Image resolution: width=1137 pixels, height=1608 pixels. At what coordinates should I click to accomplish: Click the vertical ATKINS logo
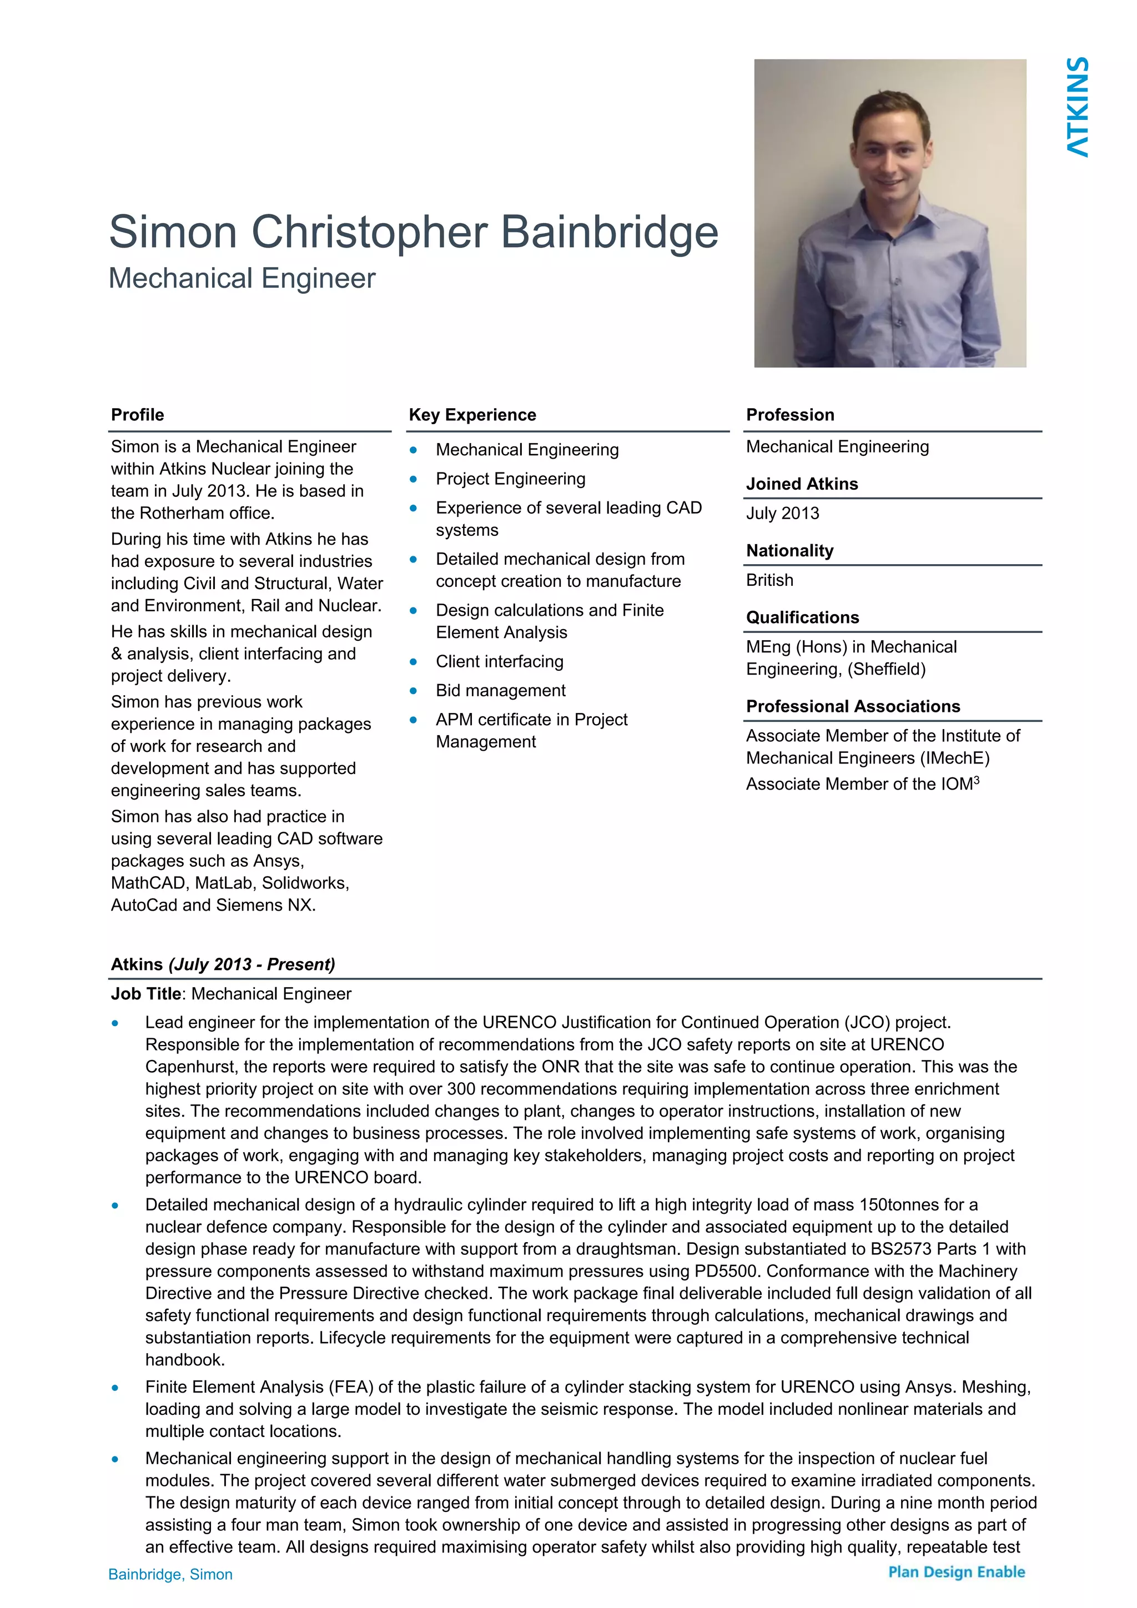[x=1078, y=107]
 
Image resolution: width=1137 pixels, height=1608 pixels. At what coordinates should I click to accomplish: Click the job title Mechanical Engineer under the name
[x=242, y=279]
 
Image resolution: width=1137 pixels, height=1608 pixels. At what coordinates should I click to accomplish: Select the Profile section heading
[x=137, y=415]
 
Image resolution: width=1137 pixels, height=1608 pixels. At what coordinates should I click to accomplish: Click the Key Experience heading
[x=472, y=415]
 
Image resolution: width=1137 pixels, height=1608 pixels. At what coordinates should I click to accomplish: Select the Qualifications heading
[x=802, y=617]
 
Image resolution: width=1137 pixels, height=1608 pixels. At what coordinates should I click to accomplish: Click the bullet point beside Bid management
[x=413, y=691]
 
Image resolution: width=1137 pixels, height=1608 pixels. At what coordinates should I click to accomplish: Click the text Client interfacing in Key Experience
[x=499, y=661]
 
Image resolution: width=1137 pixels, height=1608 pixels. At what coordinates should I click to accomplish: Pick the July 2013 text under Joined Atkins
[x=782, y=514]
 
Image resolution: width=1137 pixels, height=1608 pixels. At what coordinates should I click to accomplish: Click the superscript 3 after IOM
[x=976, y=780]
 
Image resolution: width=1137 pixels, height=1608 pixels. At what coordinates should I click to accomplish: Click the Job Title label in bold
[x=145, y=994]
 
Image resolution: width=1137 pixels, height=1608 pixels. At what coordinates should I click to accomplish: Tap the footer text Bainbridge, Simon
[x=170, y=1574]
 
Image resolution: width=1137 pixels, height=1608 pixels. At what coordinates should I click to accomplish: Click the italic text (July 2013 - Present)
[x=251, y=964]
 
